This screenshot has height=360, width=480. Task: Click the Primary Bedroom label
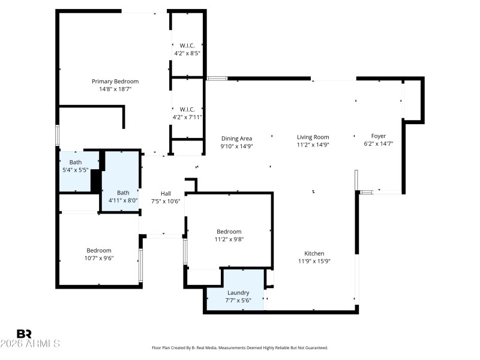(x=115, y=81)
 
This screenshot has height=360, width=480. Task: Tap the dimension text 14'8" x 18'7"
(x=115, y=89)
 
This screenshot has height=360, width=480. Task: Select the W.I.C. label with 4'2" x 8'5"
(x=187, y=45)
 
